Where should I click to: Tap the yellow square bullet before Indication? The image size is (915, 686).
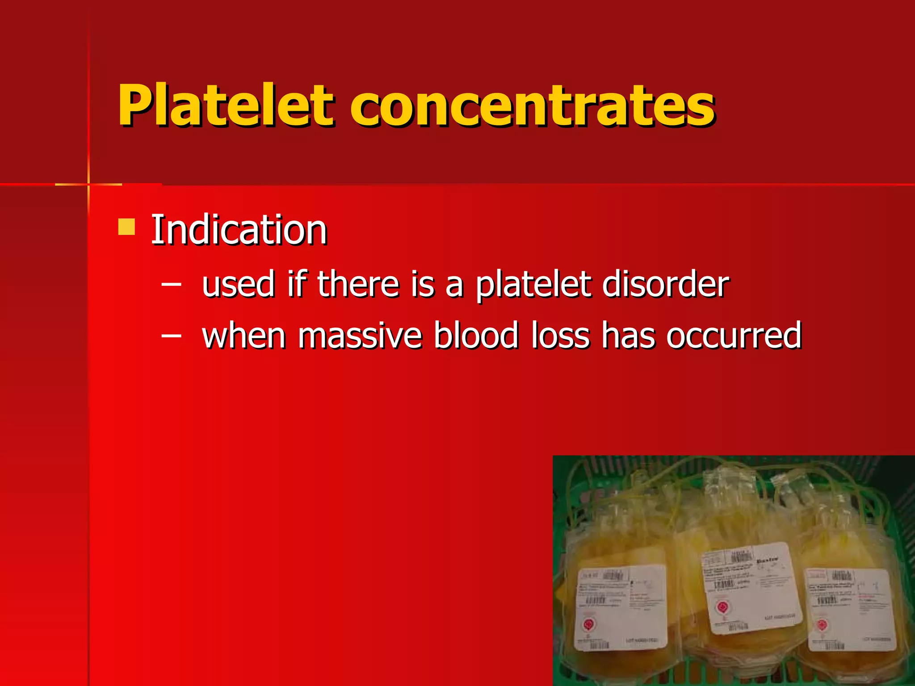[x=126, y=226]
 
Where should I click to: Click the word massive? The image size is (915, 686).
[x=360, y=336]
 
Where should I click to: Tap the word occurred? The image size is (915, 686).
[x=734, y=336]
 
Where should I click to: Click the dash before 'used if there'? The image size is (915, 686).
[x=172, y=284]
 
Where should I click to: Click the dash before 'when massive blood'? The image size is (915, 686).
[x=172, y=335]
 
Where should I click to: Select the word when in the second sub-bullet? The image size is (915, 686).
[x=243, y=336]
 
